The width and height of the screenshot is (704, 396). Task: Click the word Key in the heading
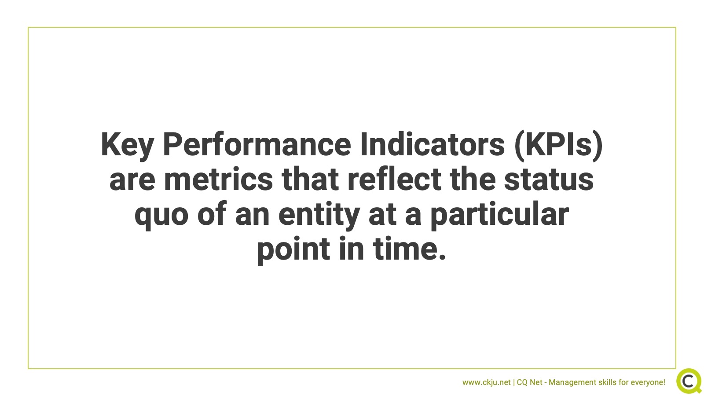(x=127, y=146)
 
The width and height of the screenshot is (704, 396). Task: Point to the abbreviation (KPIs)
(x=558, y=146)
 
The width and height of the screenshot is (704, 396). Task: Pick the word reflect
(x=394, y=179)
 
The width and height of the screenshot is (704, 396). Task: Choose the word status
(x=549, y=180)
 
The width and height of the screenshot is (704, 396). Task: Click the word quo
(x=161, y=216)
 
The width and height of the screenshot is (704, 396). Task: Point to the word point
(x=293, y=250)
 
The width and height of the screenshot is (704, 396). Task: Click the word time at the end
(x=405, y=248)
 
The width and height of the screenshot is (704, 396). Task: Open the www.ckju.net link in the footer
(x=487, y=382)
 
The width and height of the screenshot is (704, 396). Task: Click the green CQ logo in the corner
(x=689, y=381)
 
